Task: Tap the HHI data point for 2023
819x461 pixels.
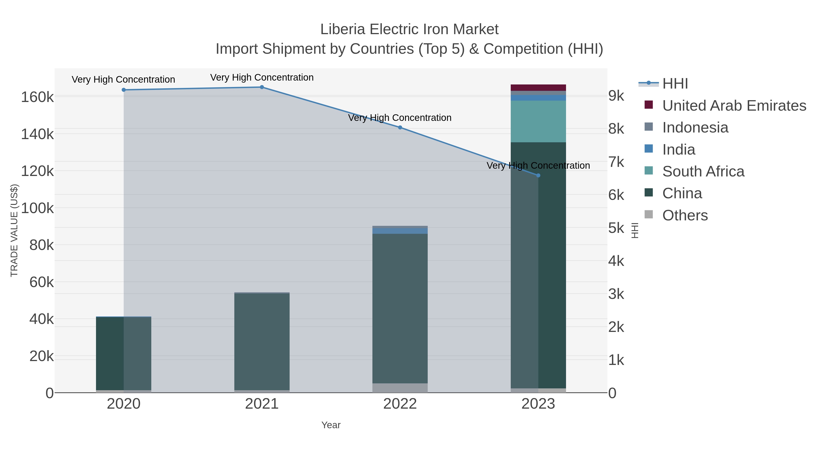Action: pyautogui.click(x=538, y=175)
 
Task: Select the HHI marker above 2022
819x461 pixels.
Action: pyautogui.click(x=400, y=127)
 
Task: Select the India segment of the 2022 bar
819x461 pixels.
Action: pyautogui.click(x=400, y=231)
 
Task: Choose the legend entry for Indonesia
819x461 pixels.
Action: pyautogui.click(x=695, y=127)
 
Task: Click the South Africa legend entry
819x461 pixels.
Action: pyautogui.click(x=703, y=171)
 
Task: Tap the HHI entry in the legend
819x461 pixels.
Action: pyautogui.click(x=675, y=84)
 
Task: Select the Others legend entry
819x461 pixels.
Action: pyautogui.click(x=685, y=215)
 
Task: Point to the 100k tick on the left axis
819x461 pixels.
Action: pyautogui.click(x=38, y=208)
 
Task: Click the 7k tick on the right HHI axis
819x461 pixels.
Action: pyautogui.click(x=616, y=162)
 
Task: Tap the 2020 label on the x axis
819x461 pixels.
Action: pyautogui.click(x=124, y=404)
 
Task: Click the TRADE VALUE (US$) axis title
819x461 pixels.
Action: pyautogui.click(x=14, y=230)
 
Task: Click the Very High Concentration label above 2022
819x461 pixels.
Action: pyautogui.click(x=400, y=118)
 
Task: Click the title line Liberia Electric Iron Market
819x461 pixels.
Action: pyautogui.click(x=409, y=29)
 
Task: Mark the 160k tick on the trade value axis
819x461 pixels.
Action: pyautogui.click(x=38, y=97)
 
